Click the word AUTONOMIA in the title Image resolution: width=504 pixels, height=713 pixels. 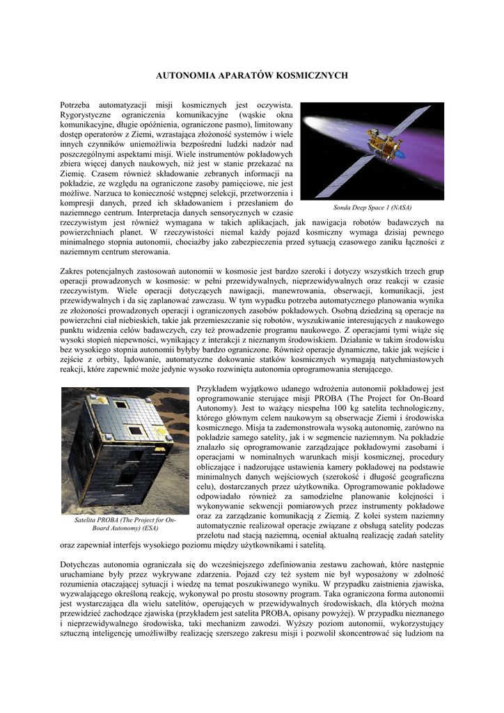pos(184,75)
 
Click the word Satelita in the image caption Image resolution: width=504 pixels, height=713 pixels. pos(87,520)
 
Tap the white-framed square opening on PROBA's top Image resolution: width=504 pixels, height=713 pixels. pos(136,430)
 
